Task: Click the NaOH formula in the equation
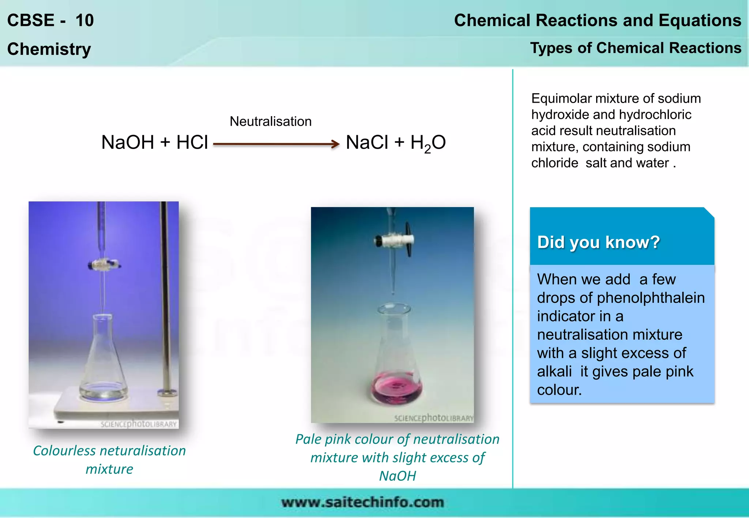coord(127,142)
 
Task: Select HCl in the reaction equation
coord(192,142)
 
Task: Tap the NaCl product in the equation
coord(367,142)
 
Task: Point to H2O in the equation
coord(428,143)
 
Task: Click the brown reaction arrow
coord(276,144)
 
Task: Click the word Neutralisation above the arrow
coord(270,122)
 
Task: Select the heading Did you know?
coord(598,242)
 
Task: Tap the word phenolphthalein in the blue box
coord(650,298)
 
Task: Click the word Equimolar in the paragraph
coord(561,99)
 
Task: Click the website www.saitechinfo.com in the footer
coord(362,503)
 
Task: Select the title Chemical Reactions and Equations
coord(597,20)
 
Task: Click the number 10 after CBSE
coord(84,20)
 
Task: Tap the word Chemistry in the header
coord(49,49)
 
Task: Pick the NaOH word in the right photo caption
coord(397,476)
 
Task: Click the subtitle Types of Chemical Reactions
coord(636,48)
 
